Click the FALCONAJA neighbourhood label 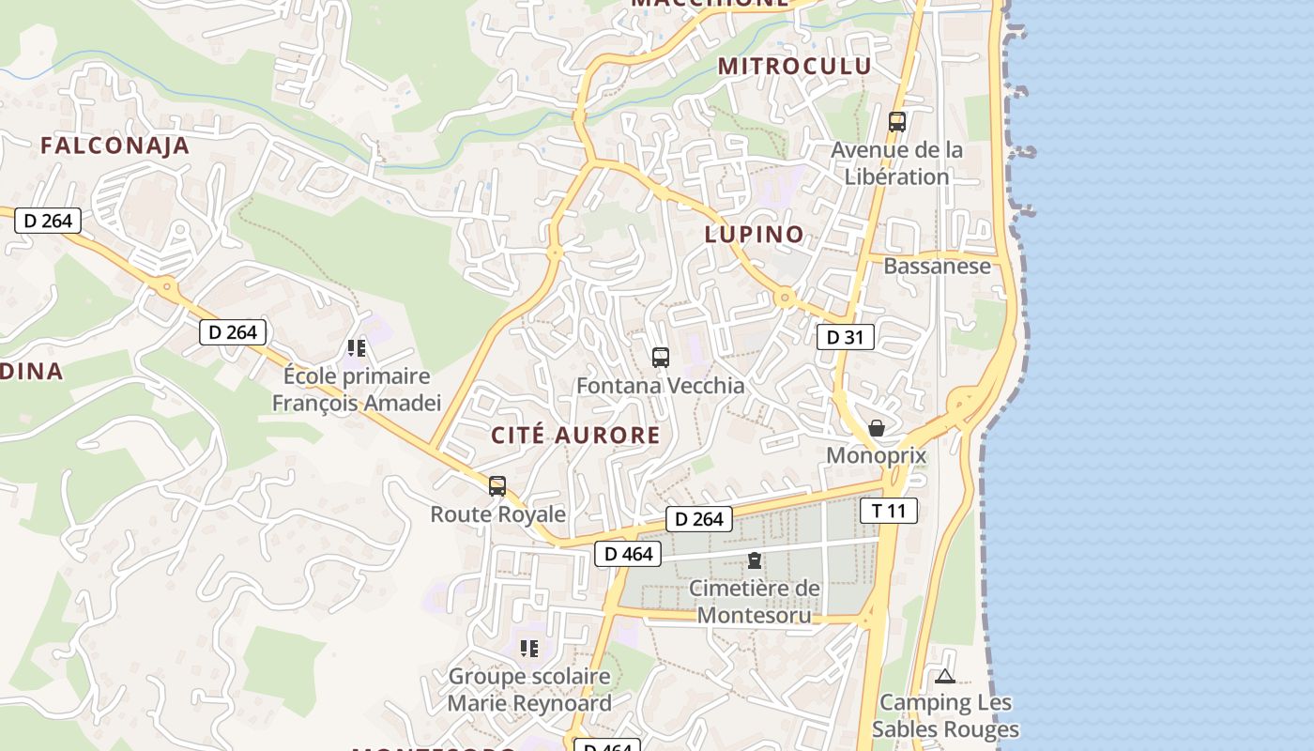[x=115, y=146]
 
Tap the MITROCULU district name [x=795, y=66]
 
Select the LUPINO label [x=755, y=234]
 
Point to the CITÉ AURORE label [x=576, y=435]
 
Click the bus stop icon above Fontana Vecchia [x=661, y=357]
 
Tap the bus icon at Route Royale [x=497, y=486]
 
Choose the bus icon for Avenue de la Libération [x=897, y=121]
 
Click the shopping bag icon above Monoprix [x=877, y=428]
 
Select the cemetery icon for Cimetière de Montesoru [x=755, y=561]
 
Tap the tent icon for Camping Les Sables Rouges [x=945, y=676]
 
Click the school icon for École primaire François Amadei [x=357, y=348]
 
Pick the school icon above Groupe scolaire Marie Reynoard [x=529, y=648]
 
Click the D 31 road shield [x=846, y=337]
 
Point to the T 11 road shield [x=889, y=511]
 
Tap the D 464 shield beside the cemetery [x=628, y=554]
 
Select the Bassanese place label [x=937, y=266]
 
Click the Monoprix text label [x=877, y=456]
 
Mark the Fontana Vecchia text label [x=660, y=386]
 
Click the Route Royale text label [x=497, y=514]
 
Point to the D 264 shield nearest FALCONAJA [x=48, y=221]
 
